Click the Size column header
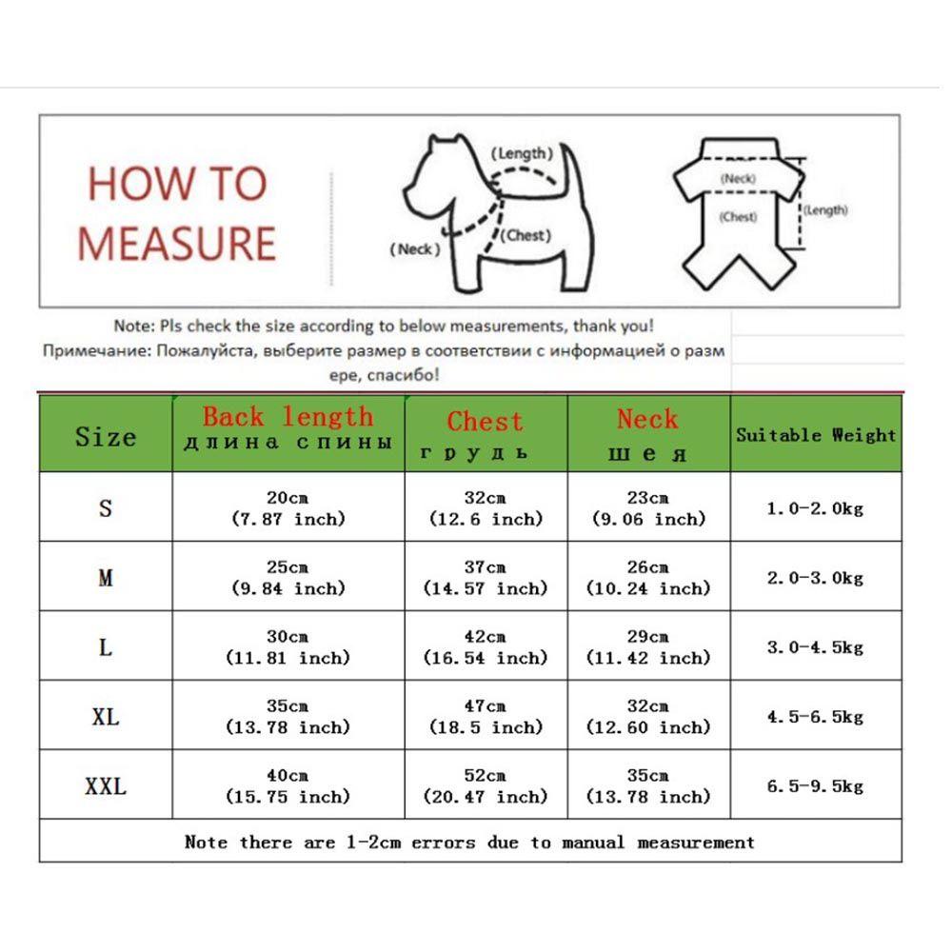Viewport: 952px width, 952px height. click(x=106, y=437)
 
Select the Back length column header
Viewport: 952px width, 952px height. click(x=288, y=428)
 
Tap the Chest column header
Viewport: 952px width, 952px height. click(x=486, y=434)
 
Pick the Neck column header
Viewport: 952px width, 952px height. click(x=648, y=433)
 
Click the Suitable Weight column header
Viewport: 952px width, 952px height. click(x=816, y=435)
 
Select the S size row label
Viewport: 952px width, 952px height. click(x=106, y=507)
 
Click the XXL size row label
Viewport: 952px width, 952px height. click(x=106, y=786)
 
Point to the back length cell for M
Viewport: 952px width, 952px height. click(x=288, y=578)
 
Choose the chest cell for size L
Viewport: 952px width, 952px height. click(x=486, y=647)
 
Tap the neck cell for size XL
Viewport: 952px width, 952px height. click(x=648, y=717)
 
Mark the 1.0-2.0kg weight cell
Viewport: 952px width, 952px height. click(x=816, y=508)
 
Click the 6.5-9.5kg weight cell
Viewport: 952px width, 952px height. click(x=816, y=786)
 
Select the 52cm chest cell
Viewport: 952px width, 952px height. click(x=486, y=786)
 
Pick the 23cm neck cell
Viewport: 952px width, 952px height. click(x=648, y=508)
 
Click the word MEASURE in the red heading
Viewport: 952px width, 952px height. click(x=176, y=243)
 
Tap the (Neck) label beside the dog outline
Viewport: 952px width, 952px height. click(x=415, y=249)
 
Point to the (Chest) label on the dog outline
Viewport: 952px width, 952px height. click(x=526, y=235)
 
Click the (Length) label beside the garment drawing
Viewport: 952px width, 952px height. click(x=824, y=210)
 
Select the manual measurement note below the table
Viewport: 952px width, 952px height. click(x=469, y=843)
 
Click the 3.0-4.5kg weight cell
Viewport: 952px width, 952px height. click(x=816, y=647)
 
